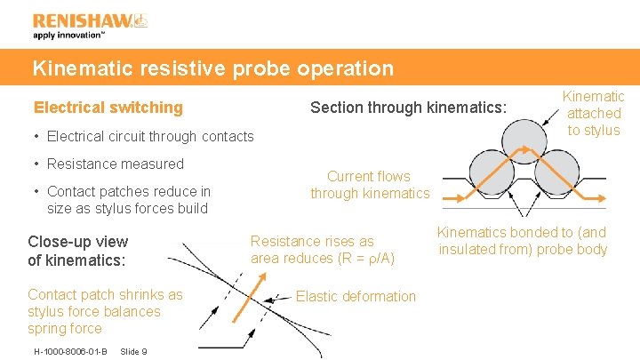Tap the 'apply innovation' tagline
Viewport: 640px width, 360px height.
point(69,36)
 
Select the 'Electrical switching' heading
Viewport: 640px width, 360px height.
point(108,108)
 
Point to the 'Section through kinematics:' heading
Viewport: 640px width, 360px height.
point(408,108)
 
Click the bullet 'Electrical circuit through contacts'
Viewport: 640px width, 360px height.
point(149,137)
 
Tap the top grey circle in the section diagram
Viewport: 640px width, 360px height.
point(525,140)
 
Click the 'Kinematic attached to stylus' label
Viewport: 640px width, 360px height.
point(594,113)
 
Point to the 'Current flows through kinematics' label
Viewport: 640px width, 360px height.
point(369,185)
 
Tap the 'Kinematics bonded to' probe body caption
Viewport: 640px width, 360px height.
point(522,241)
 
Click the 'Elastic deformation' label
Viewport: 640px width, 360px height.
point(356,296)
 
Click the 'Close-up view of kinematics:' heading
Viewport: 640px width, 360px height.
point(77,251)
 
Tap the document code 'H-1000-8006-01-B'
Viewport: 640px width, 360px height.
point(70,351)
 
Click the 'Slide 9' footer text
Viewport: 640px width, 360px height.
point(132,351)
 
